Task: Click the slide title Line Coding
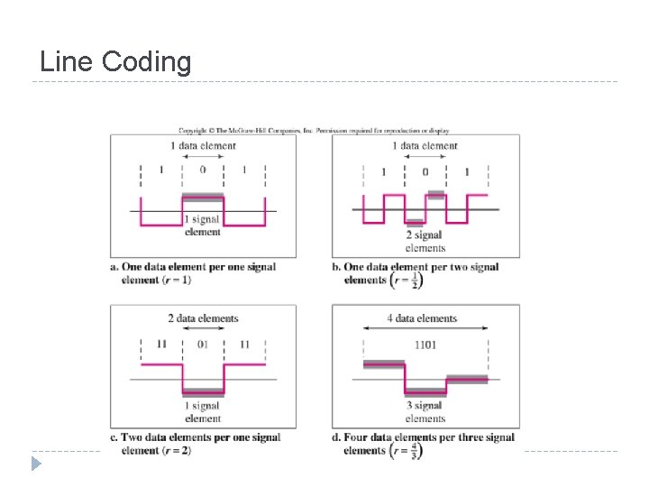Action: (115, 61)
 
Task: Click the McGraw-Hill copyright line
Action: (314, 130)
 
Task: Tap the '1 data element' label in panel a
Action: (203, 145)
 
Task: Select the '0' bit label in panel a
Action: (203, 169)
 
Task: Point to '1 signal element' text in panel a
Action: (202, 225)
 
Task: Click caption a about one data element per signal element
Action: (193, 273)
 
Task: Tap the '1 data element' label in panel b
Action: (425, 145)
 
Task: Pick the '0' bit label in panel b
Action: (425, 171)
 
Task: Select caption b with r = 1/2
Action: (421, 274)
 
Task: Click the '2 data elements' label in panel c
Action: (203, 318)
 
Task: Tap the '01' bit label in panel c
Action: (203, 345)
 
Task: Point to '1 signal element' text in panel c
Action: (203, 412)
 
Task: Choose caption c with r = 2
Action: (195, 444)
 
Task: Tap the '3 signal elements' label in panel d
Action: (425, 412)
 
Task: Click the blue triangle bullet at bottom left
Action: (34, 464)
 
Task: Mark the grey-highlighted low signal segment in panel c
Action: (203, 392)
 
